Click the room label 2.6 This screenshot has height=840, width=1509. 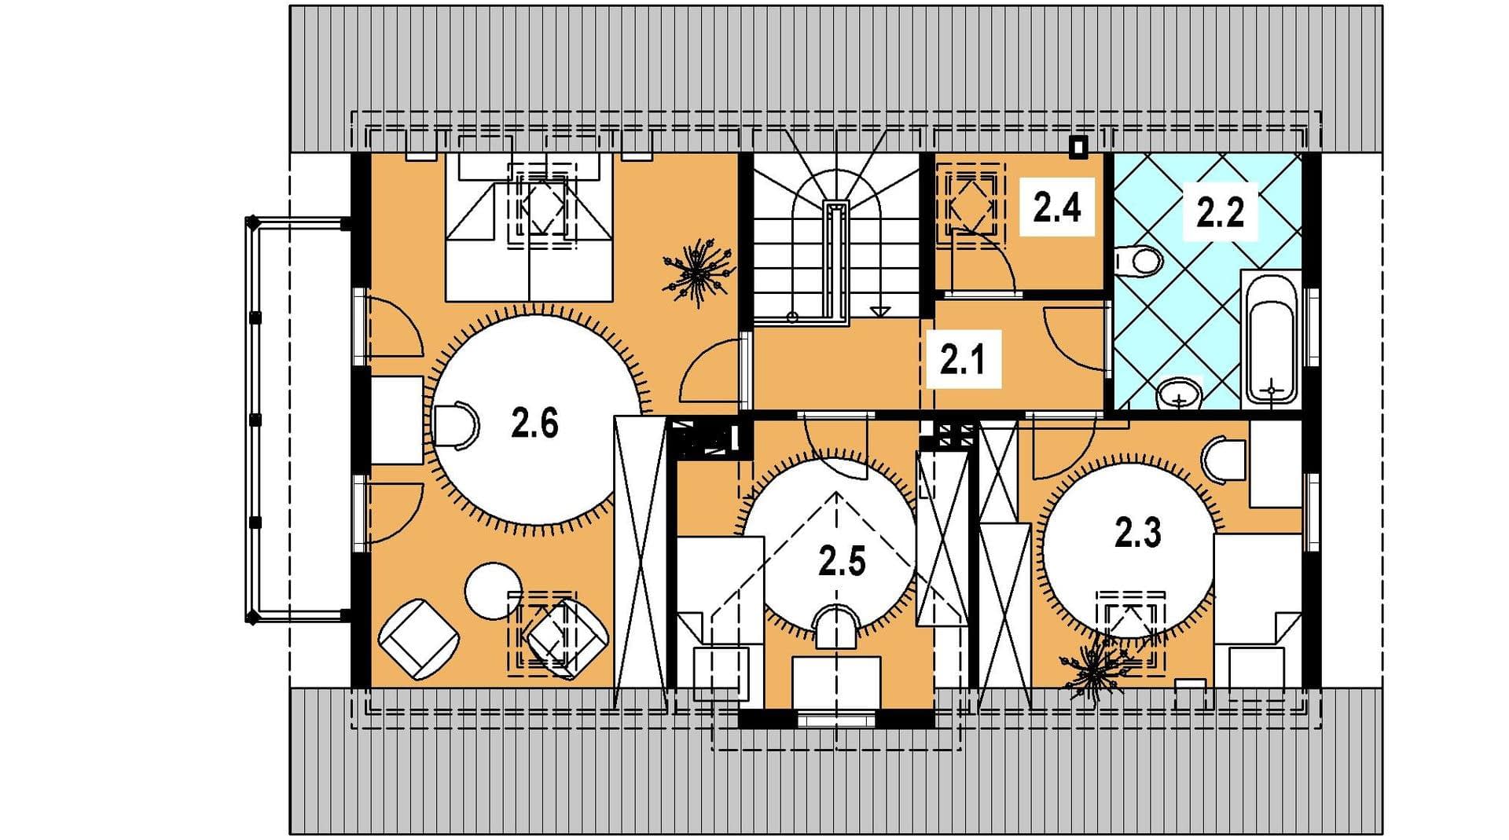pyautogui.click(x=534, y=424)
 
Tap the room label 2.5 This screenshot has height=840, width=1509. pyautogui.click(x=842, y=562)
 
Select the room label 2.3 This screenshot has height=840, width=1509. pyautogui.click(x=1138, y=533)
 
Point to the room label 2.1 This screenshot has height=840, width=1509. pyautogui.click(x=963, y=361)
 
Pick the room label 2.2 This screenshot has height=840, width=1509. pyautogui.click(x=1220, y=212)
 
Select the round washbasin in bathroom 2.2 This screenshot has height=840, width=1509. pyautogui.click(x=1180, y=393)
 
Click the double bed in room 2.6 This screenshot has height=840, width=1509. pyautogui.click(x=528, y=227)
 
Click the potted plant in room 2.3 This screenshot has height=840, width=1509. pyautogui.click(x=1092, y=670)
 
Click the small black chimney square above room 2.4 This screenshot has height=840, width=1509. pyautogui.click(x=1080, y=147)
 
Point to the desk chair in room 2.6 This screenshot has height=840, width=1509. pyautogui.click(x=455, y=425)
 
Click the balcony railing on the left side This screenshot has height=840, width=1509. pyautogui.click(x=254, y=420)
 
